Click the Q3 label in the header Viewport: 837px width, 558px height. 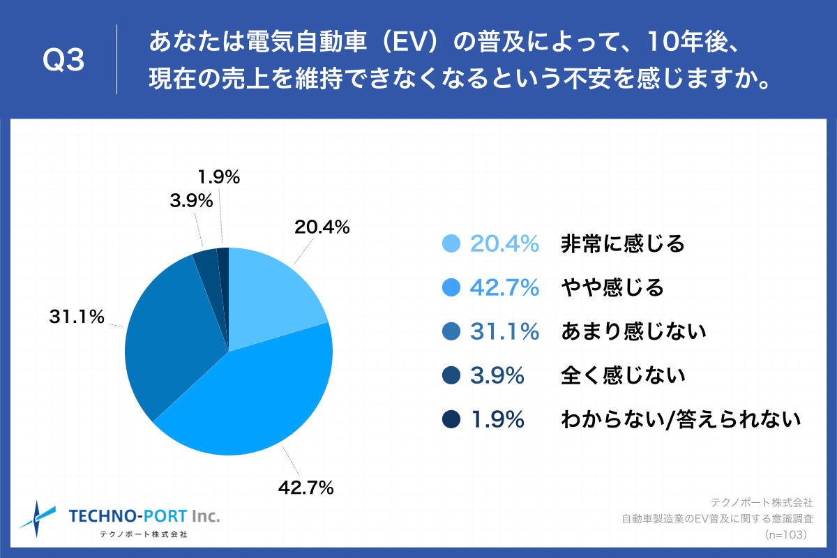(63, 61)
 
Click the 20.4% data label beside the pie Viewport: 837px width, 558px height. (322, 227)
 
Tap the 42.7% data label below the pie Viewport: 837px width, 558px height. (306, 488)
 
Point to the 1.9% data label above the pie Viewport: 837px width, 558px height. (218, 177)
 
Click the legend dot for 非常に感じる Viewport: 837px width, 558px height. (451, 243)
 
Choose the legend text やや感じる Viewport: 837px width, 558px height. (612, 287)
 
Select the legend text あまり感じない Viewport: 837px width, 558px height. (633, 331)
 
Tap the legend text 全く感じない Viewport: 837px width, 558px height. (623, 375)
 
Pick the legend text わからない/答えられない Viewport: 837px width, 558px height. (679, 419)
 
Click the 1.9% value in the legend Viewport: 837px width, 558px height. (497, 419)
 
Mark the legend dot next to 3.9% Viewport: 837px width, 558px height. (451, 375)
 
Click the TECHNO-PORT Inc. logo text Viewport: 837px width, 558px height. (144, 516)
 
